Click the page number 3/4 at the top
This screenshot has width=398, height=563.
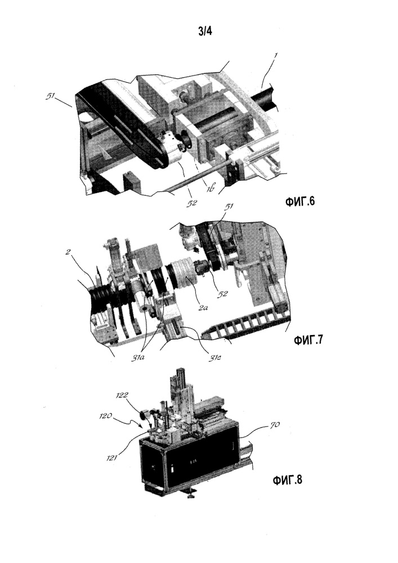click(x=205, y=31)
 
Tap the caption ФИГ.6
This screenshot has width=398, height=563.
click(x=300, y=202)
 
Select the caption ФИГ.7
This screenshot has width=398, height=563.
click(x=308, y=339)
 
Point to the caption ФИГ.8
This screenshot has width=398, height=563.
click(x=288, y=479)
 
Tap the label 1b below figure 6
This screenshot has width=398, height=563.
click(x=210, y=189)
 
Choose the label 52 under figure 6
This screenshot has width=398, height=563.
click(x=192, y=203)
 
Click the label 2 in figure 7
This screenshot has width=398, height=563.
click(x=68, y=252)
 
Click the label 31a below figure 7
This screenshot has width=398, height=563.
click(x=136, y=358)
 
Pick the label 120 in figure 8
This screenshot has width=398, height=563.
click(x=106, y=416)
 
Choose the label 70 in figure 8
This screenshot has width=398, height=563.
click(x=275, y=426)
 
